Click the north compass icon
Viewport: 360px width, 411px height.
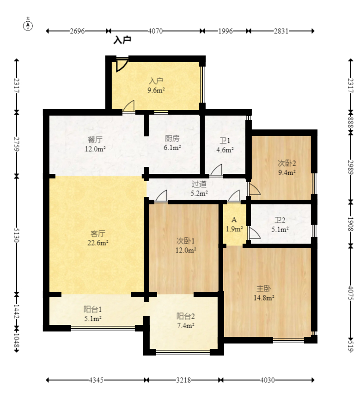pyautogui.click(x=28, y=26)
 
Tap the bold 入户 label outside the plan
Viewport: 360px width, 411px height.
pyautogui.click(x=122, y=40)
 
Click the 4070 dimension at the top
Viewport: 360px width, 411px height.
pyautogui.click(x=155, y=31)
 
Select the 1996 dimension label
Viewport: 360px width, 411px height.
pyautogui.click(x=226, y=31)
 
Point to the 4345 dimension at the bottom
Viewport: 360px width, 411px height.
pyautogui.click(x=96, y=380)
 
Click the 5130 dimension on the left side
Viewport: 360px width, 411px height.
pyautogui.click(x=17, y=235)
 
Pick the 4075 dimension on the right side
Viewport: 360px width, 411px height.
pyautogui.click(x=351, y=293)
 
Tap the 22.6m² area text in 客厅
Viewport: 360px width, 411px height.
pyautogui.click(x=98, y=243)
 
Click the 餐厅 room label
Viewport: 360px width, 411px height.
pyautogui.click(x=95, y=140)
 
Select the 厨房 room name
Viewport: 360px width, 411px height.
pyautogui.click(x=172, y=138)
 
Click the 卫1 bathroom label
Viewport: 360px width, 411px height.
pyautogui.click(x=225, y=141)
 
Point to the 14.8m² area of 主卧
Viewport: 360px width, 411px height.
pyautogui.click(x=264, y=298)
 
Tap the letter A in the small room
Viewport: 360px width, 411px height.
pyautogui.click(x=234, y=220)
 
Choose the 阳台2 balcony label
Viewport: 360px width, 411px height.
pyautogui.click(x=185, y=316)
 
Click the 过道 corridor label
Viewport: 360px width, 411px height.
pyautogui.click(x=199, y=184)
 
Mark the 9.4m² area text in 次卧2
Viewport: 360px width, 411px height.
pyautogui.click(x=287, y=172)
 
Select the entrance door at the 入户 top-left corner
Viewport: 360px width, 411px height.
pyautogui.click(x=122, y=65)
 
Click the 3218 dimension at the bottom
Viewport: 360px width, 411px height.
pyautogui.click(x=183, y=380)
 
